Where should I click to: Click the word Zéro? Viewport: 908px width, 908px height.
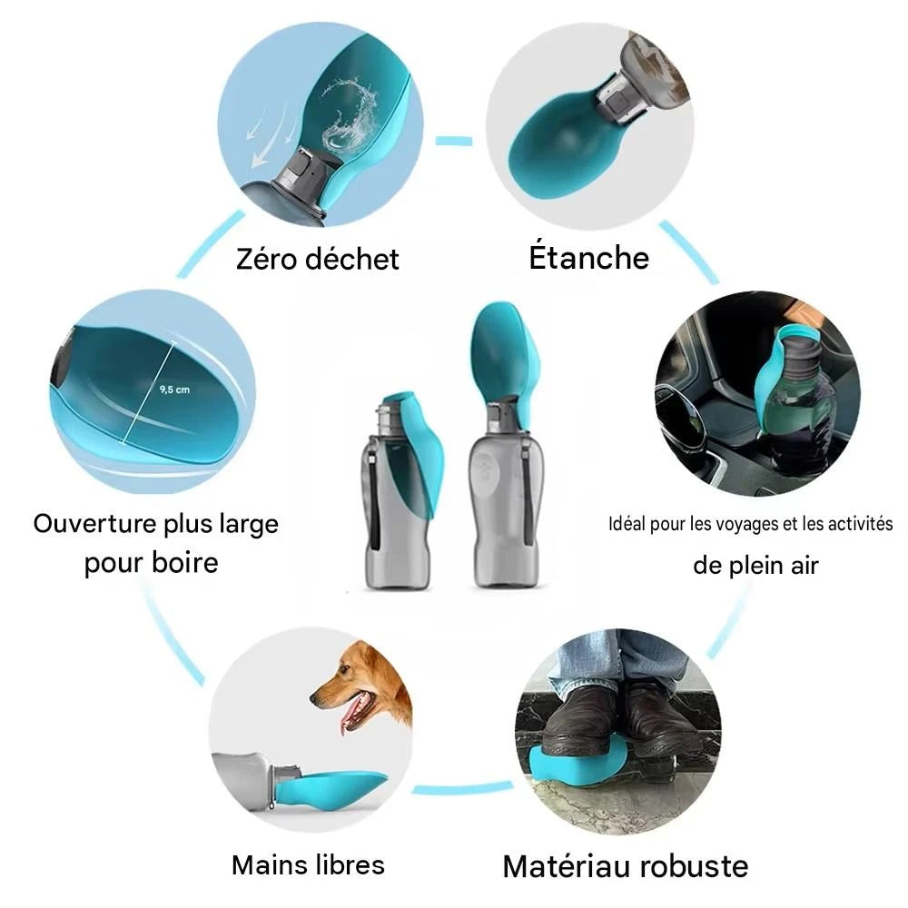(266, 258)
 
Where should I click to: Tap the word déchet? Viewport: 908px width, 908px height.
(352, 258)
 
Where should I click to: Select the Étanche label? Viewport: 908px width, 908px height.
(589, 257)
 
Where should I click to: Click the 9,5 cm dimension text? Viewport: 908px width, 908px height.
(174, 390)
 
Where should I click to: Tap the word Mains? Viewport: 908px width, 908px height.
(270, 864)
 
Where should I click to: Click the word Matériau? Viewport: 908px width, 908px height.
(562, 866)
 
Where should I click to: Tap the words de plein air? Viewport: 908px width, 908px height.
(755, 565)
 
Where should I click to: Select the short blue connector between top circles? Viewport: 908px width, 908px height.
(454, 141)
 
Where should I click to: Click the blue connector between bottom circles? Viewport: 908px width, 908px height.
(462, 788)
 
